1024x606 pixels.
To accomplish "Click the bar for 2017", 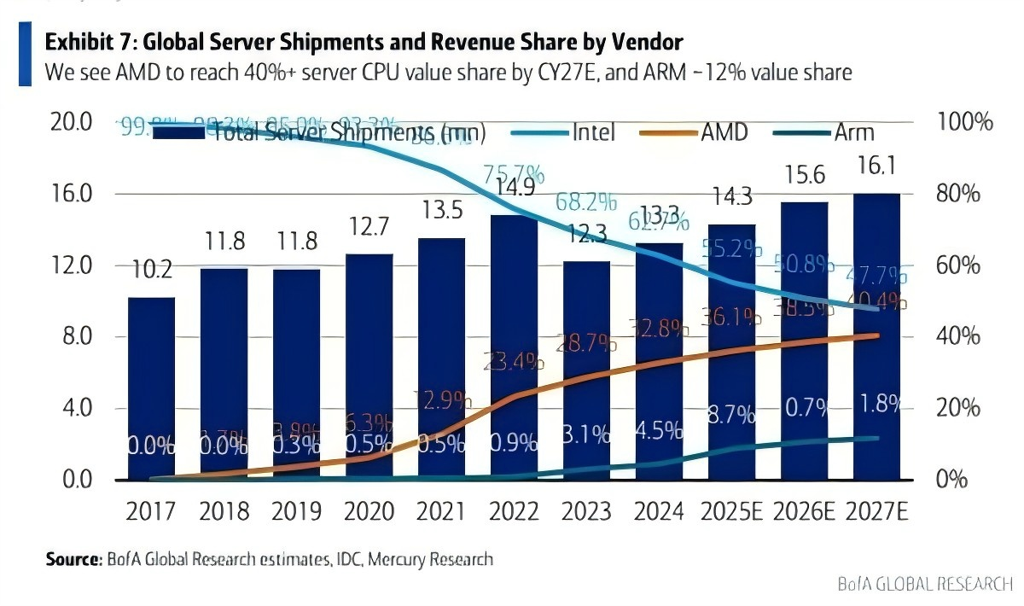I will tap(151, 388).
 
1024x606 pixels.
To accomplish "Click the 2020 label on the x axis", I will tap(369, 511).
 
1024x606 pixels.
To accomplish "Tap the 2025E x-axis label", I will tap(732, 511).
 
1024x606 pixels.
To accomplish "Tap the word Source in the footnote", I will tap(73, 560).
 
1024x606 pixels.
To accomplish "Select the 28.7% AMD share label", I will tap(586, 343).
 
